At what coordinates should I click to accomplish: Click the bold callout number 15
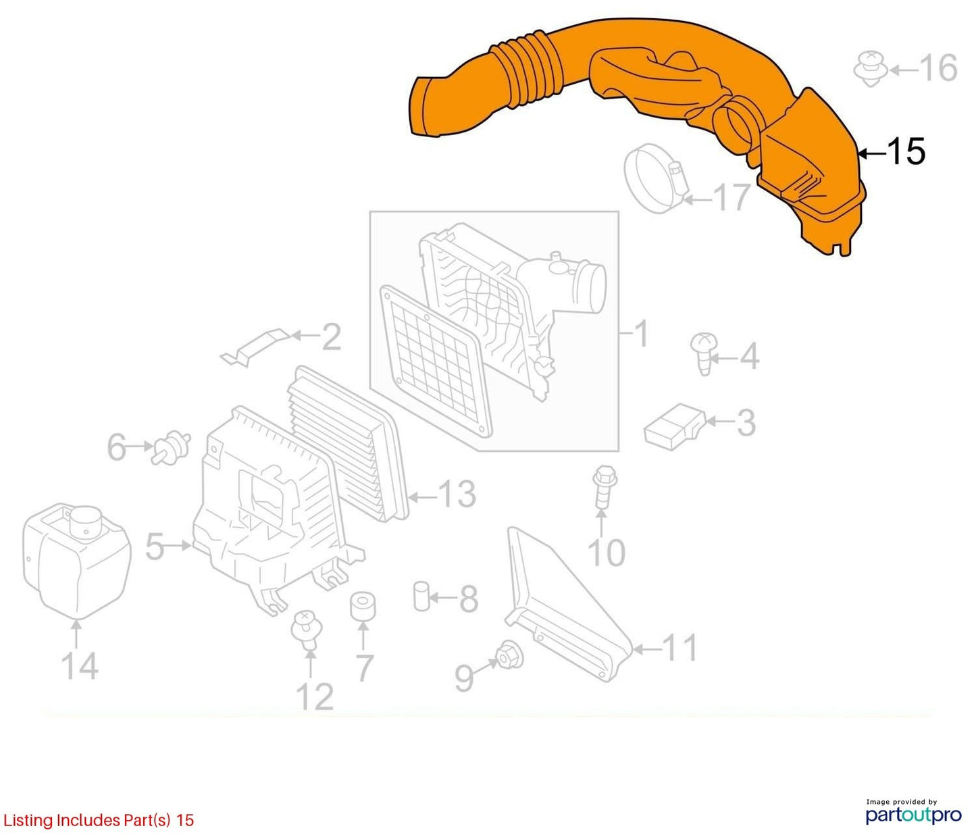point(906,152)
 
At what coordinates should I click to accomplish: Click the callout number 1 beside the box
point(640,334)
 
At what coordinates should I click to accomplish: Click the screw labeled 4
point(704,353)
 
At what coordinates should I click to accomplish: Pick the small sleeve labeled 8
point(421,596)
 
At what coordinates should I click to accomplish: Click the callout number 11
point(680,648)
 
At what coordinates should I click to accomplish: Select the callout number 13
point(457,494)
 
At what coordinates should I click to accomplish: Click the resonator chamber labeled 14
point(76,561)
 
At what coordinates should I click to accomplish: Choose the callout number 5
point(155,546)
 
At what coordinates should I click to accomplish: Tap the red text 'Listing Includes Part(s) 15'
point(98,820)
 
